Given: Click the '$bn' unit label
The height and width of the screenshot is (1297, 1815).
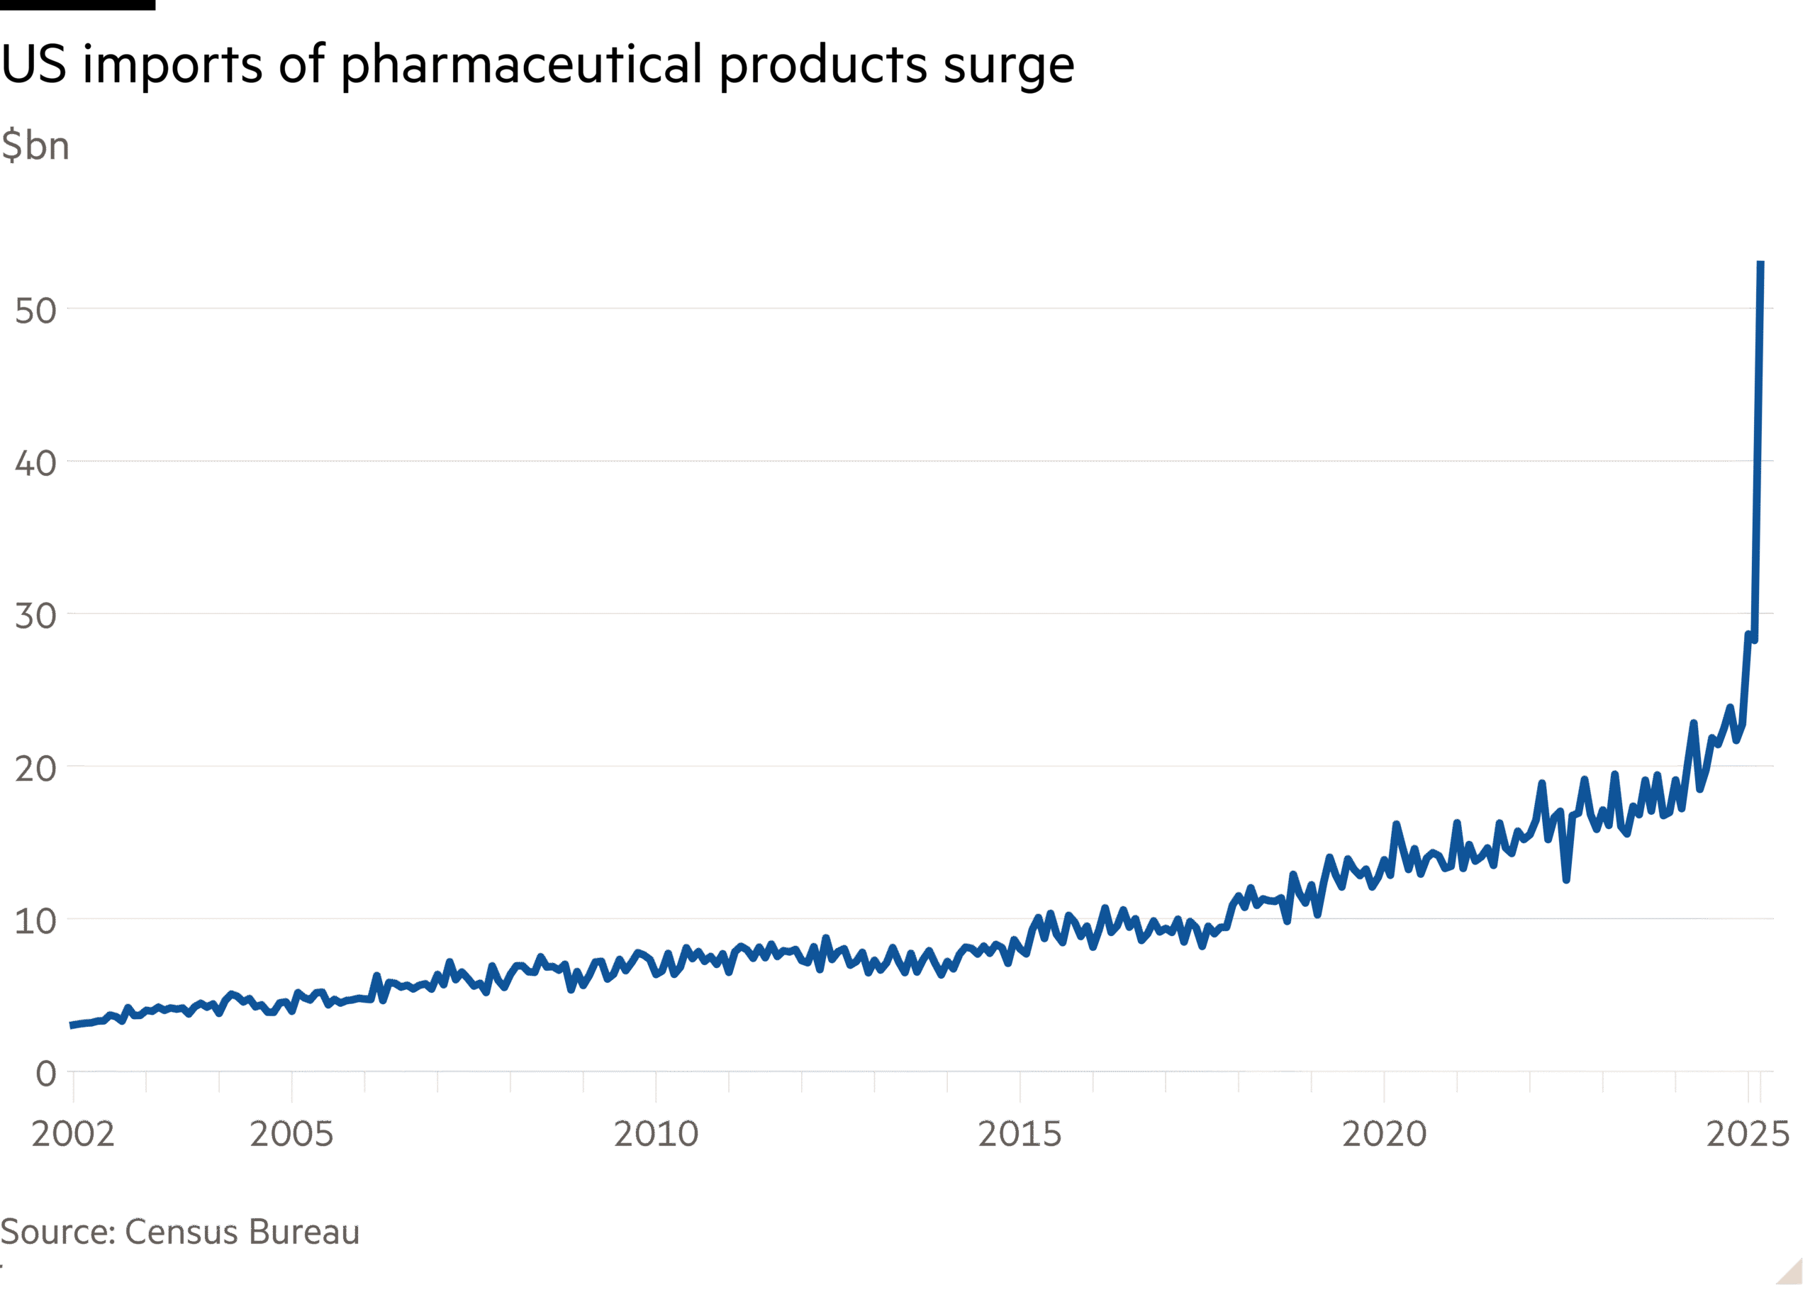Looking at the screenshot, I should pos(35,146).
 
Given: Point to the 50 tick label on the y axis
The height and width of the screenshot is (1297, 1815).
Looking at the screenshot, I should pos(36,311).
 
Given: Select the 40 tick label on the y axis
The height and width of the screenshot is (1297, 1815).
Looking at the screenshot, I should pos(36,463).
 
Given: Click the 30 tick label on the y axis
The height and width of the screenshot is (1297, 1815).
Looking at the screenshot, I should pos(36,616).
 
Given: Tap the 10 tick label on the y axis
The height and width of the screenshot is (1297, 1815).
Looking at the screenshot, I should pos(36,922).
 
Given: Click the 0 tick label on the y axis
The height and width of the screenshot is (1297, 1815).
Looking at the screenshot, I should pos(46,1074).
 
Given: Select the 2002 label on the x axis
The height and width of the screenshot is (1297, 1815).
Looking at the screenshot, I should pos(72,1134).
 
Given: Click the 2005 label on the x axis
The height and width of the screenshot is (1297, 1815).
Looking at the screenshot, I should pos(291,1134).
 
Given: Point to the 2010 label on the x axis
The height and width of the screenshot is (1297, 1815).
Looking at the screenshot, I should pos(656,1134).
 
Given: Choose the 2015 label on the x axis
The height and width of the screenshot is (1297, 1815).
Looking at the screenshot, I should pos(1020,1134).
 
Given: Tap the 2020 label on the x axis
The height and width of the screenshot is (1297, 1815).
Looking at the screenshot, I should pos(1384,1134).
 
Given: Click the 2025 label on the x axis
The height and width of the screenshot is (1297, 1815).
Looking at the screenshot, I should pos(1748,1134).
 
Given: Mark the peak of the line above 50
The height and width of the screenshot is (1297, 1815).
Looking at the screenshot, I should pos(1760,264).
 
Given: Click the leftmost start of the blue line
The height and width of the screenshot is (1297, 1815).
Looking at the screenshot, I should pos(72,1025).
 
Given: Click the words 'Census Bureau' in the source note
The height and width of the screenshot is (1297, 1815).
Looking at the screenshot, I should pos(242,1232).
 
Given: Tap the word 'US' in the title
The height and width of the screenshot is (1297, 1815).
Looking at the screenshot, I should pos(33,65).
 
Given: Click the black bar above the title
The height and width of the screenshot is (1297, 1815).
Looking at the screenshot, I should pos(77,5).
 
